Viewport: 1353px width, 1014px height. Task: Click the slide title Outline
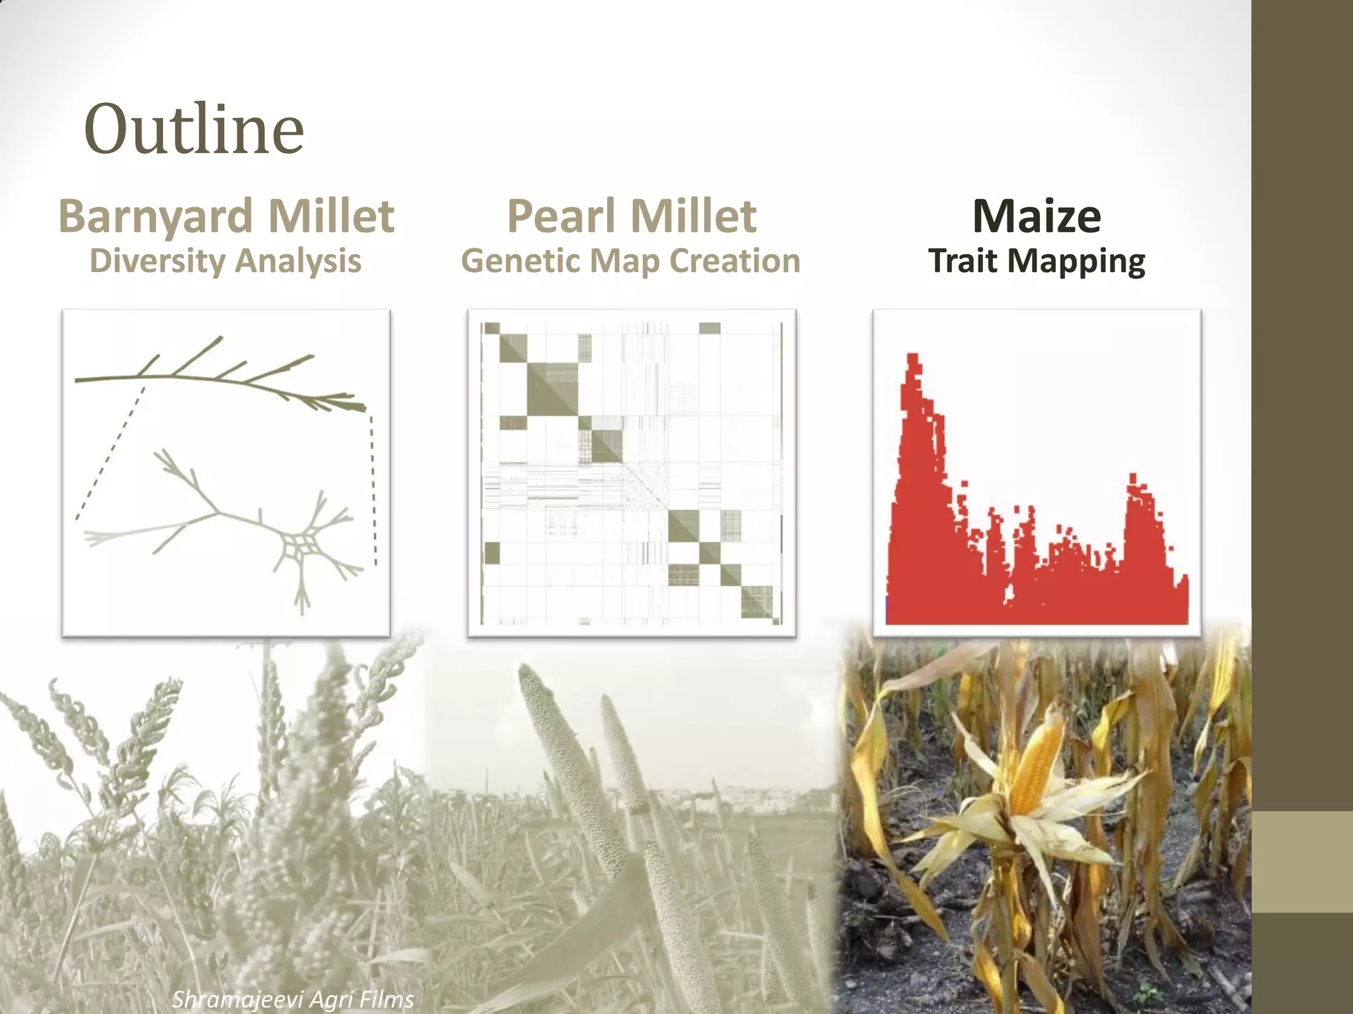(x=194, y=129)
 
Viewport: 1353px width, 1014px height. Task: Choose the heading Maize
(x=1037, y=217)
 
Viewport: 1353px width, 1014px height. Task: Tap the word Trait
(x=963, y=261)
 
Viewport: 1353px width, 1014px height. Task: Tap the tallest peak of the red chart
(x=913, y=360)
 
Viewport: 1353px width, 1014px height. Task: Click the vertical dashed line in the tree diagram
(x=373, y=489)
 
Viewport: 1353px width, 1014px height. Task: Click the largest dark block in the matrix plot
(x=552, y=389)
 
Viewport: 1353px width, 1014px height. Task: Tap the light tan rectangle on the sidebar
(x=1302, y=862)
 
